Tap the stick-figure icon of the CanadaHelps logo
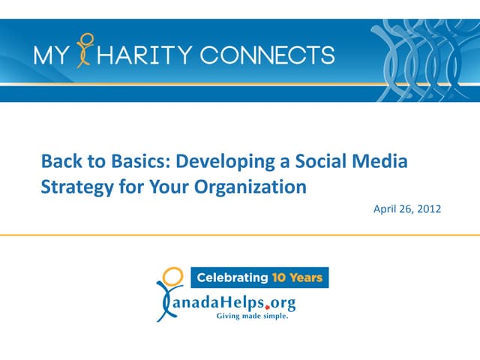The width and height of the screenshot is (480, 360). (x=169, y=292)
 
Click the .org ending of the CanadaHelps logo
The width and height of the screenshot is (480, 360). (x=280, y=302)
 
